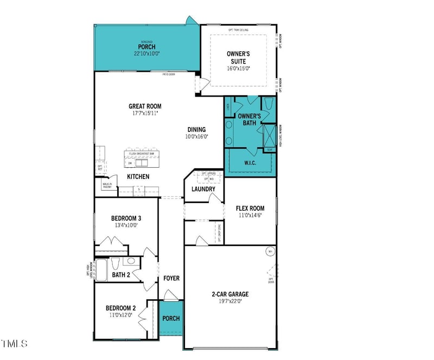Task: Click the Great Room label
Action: point(145,106)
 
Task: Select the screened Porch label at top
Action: point(146,47)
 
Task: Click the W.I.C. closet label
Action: point(250,163)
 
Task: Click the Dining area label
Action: point(196,129)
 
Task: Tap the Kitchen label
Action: point(138,177)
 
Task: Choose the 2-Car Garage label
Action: point(230,294)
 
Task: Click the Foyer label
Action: point(171,279)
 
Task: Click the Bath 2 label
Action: point(121,275)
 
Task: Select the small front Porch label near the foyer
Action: point(171,318)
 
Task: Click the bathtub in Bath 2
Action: point(101,269)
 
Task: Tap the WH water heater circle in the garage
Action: point(270,251)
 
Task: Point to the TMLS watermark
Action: point(15,344)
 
